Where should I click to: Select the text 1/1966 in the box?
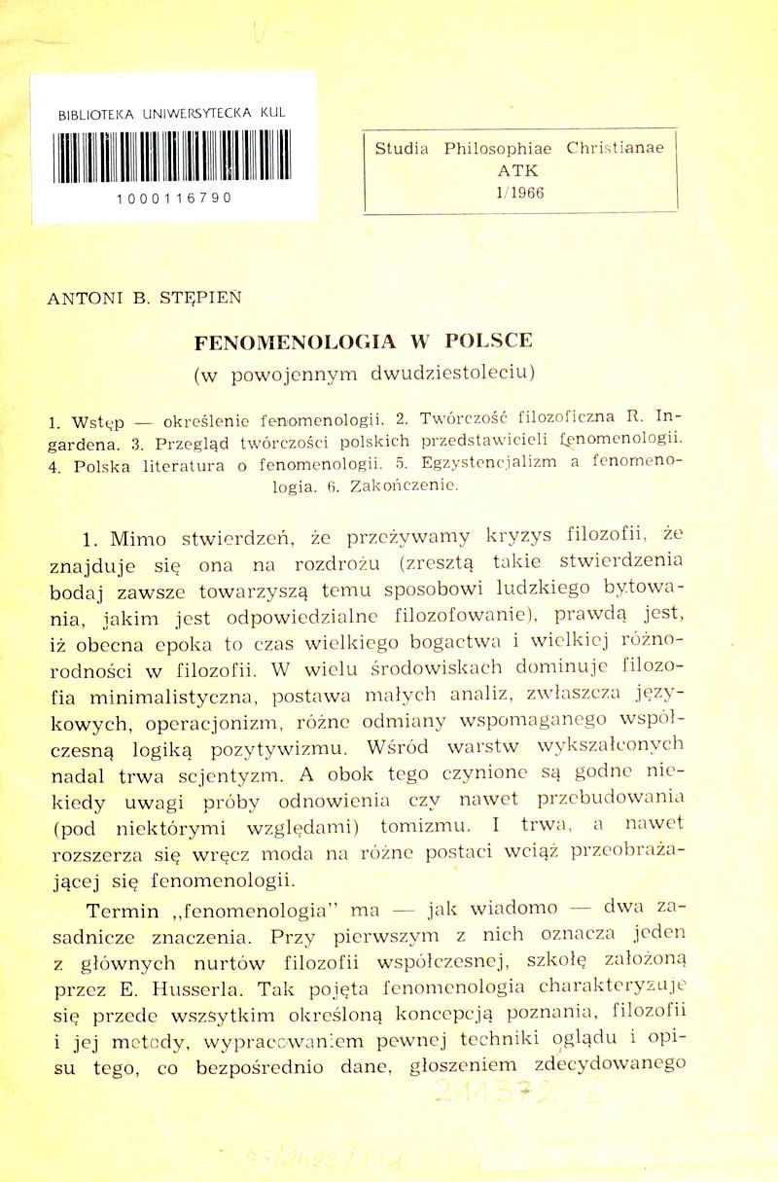click(519, 192)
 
